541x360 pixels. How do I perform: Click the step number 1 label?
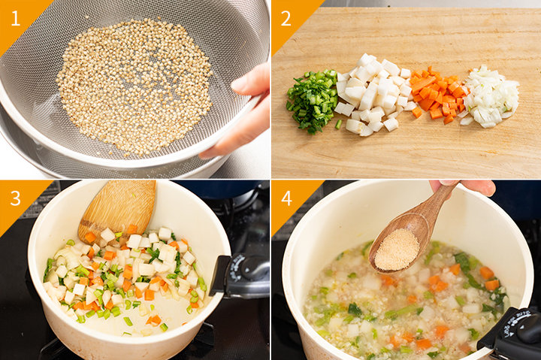coord(15,19)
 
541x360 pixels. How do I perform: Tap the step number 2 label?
coord(286,19)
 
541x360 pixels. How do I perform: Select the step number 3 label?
coord(15,198)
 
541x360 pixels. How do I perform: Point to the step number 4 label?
coord(286,198)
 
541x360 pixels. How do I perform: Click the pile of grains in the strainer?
coord(134,86)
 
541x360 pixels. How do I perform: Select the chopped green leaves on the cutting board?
coord(312,100)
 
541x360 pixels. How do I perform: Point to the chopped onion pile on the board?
coord(490,98)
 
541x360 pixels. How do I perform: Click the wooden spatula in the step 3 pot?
coord(117,210)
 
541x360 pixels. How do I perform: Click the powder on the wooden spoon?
coord(397,250)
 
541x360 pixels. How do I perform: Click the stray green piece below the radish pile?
coord(338,124)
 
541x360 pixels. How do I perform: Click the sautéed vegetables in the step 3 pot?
coord(124,276)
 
